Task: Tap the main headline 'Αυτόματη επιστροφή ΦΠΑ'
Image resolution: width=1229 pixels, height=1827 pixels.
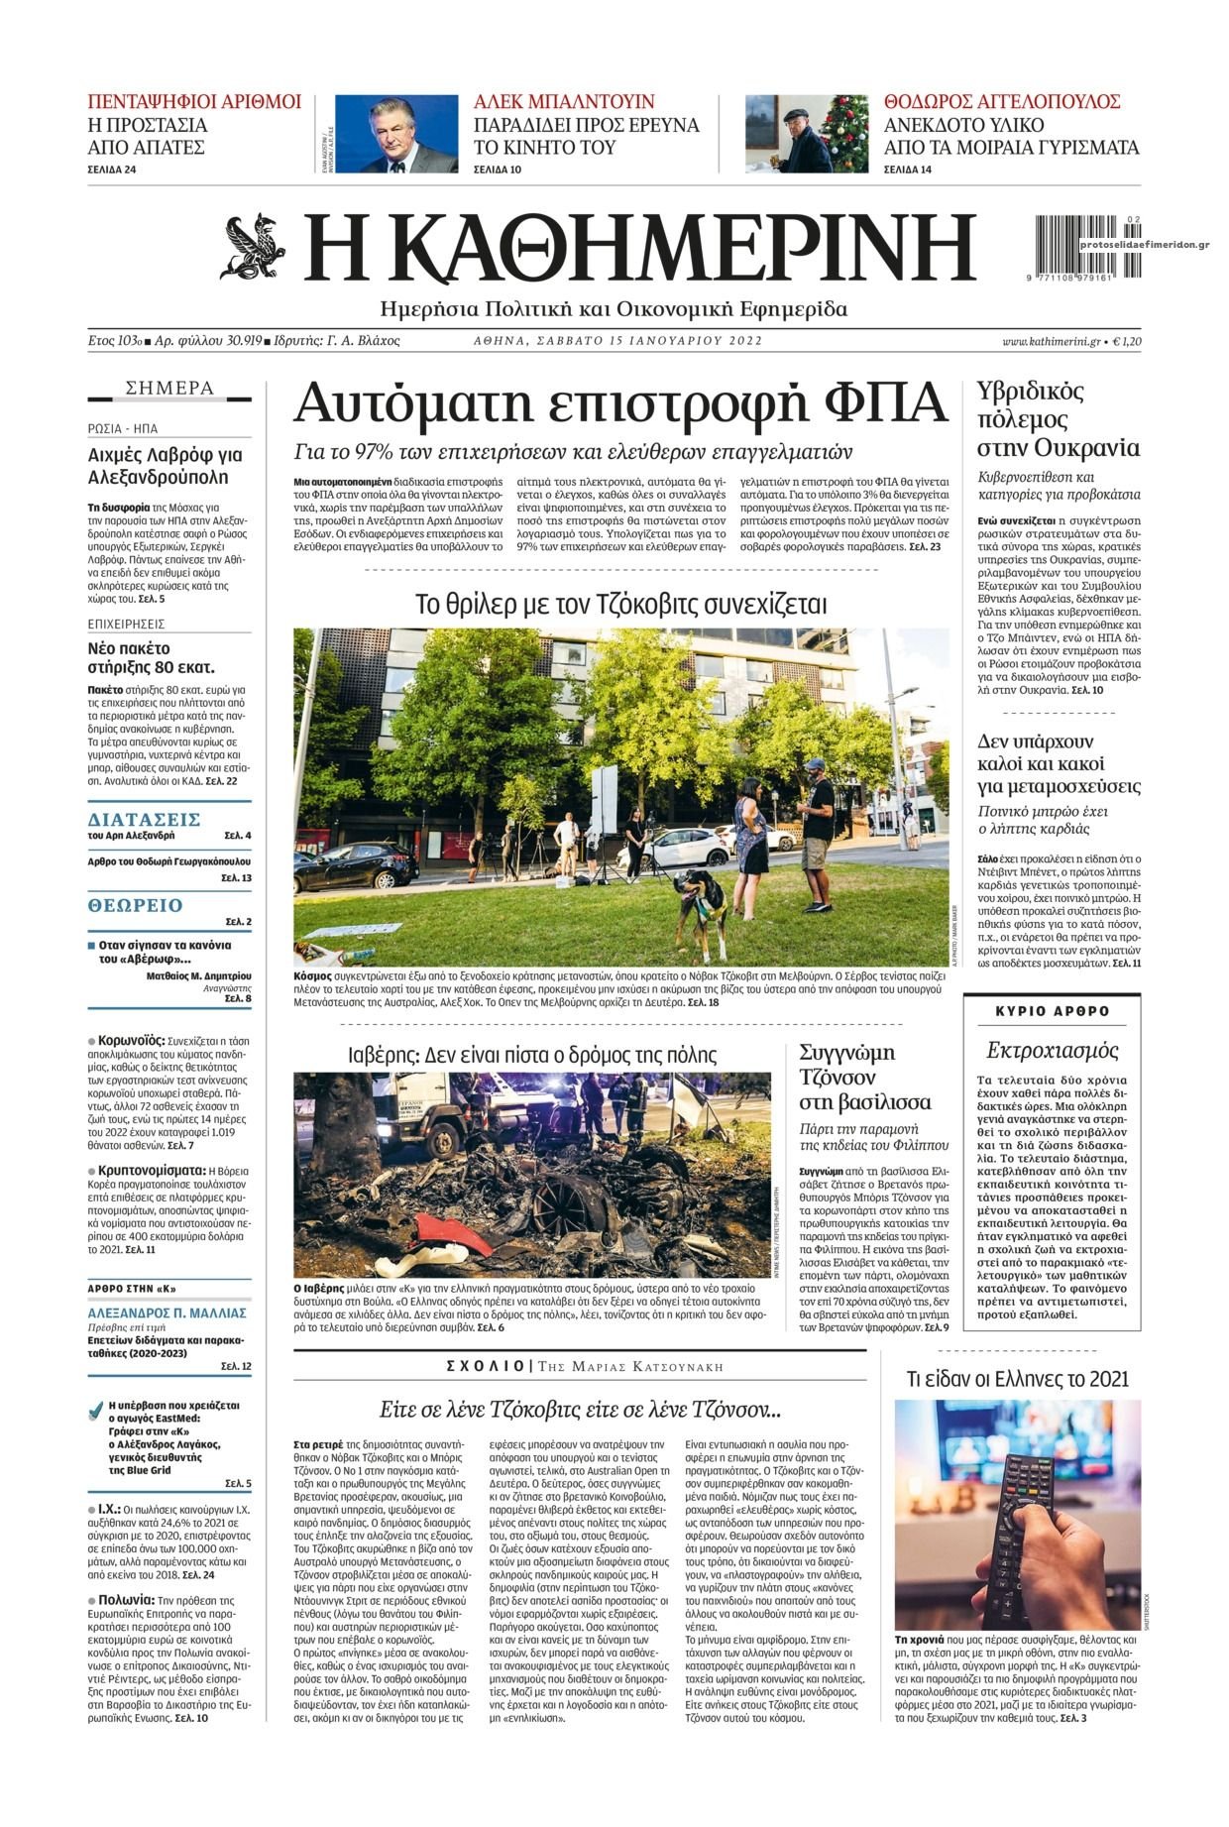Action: [621, 403]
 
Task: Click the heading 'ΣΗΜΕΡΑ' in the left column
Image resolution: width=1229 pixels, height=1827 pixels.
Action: [169, 388]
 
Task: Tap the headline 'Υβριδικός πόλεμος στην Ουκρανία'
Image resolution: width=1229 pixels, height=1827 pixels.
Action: [1058, 417]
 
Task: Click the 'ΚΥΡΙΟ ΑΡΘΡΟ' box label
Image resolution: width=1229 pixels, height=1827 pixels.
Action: [1053, 1011]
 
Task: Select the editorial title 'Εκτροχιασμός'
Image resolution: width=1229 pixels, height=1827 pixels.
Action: [1053, 1050]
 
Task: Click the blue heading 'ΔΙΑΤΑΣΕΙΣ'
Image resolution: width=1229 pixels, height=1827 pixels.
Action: [145, 819]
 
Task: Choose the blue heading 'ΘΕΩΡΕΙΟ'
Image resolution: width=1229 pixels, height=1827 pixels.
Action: [136, 905]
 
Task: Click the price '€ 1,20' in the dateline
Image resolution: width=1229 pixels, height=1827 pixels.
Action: [1126, 341]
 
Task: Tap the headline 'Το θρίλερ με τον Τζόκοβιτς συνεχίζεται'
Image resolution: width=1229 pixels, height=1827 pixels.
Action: [620, 604]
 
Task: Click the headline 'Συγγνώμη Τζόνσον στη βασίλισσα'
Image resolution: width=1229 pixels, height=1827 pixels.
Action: [864, 1076]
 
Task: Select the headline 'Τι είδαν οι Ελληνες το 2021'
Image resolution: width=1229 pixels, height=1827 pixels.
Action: [1018, 1378]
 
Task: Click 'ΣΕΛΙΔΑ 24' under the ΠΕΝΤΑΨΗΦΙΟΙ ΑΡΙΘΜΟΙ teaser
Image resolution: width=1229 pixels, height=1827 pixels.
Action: [112, 170]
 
